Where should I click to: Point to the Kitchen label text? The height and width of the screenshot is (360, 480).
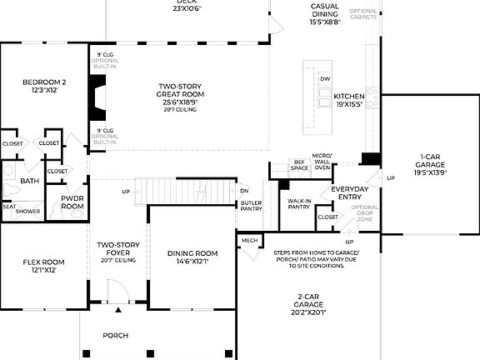[x=350, y=100]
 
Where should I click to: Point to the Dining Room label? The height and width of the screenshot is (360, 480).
[x=192, y=257]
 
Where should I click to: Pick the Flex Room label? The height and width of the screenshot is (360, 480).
[x=42, y=266]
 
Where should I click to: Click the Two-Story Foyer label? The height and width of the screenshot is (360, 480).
[x=117, y=252]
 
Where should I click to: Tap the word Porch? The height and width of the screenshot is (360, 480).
[x=116, y=335]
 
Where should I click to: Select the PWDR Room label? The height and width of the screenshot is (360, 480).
[x=72, y=202]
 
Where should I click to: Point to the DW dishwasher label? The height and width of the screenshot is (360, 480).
[x=325, y=79]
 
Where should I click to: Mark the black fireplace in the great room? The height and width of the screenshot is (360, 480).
[x=97, y=98]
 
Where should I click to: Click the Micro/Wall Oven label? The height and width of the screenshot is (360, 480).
[x=322, y=162]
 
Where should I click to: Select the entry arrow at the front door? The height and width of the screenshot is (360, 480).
[x=117, y=310]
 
